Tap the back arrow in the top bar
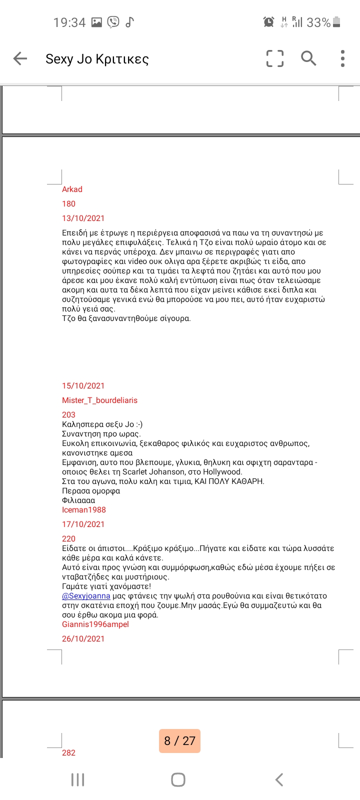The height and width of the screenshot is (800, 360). click(x=20, y=58)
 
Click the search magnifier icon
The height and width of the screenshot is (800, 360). click(x=308, y=58)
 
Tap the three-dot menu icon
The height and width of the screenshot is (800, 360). click(x=342, y=58)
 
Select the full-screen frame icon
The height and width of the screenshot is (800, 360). click(x=274, y=58)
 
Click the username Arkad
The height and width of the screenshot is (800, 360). click(x=72, y=189)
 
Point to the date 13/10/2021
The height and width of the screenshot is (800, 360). click(x=83, y=218)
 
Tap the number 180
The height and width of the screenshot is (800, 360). click(x=68, y=203)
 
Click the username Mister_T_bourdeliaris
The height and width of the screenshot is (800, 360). click(x=99, y=400)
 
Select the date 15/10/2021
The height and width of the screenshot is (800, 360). click(x=83, y=385)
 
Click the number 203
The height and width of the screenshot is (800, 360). click(x=68, y=414)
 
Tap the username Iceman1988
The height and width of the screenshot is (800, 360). click(x=84, y=509)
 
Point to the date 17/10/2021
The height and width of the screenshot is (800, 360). click(x=83, y=524)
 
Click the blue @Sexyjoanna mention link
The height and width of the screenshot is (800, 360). click(x=86, y=595)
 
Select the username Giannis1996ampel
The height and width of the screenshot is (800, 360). click(x=95, y=624)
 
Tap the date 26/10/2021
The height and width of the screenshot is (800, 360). click(x=83, y=638)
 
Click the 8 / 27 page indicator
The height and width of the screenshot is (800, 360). click(x=179, y=740)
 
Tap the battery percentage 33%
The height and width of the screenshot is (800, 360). click(x=318, y=22)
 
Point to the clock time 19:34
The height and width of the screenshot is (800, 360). click(x=69, y=22)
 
